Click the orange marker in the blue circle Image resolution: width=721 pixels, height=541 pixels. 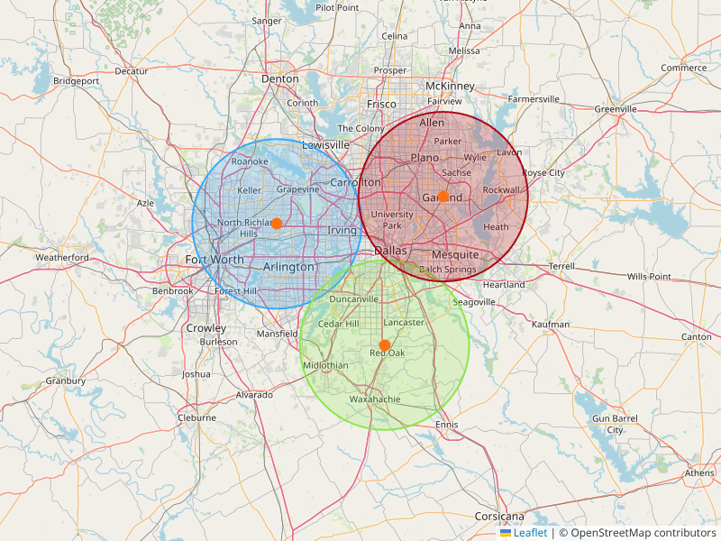click(277, 223)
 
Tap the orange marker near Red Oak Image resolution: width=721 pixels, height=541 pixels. click(385, 345)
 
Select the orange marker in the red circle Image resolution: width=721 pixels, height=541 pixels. click(443, 197)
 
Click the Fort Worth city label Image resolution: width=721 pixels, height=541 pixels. click(214, 260)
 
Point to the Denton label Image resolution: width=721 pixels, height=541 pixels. click(279, 79)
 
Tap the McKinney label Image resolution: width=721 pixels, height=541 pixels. click(450, 86)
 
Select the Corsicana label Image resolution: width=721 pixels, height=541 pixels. click(499, 517)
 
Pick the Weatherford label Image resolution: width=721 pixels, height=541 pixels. click(62, 258)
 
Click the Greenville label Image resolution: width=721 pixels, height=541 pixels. click(616, 109)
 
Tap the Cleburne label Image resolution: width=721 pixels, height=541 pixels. click(196, 417)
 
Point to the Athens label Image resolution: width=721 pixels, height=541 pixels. click(699, 472)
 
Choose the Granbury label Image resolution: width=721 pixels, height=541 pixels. click(66, 381)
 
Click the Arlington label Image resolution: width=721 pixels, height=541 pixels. click(288, 267)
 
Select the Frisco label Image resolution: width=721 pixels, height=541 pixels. click(381, 105)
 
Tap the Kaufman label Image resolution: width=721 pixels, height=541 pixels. click(551, 325)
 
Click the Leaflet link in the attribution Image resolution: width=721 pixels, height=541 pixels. click(530, 533)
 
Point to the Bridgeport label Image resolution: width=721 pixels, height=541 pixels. click(76, 81)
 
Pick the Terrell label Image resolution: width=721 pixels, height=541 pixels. click(561, 267)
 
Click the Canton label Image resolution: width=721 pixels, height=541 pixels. click(697, 337)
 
